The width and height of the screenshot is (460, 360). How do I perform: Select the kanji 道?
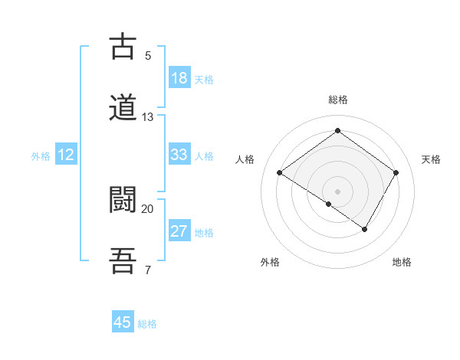click(123, 108)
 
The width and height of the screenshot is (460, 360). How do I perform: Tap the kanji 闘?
click(123, 199)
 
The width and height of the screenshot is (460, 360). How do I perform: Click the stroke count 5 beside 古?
click(147, 56)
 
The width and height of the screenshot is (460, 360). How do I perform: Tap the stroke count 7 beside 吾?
click(147, 270)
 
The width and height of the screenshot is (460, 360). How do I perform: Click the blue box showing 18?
click(179, 78)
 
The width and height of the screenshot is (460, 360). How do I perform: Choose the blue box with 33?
click(179, 155)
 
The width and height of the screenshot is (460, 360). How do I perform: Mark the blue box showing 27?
click(179, 231)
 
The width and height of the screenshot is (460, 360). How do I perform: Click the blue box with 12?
click(66, 155)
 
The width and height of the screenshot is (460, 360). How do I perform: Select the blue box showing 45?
click(123, 322)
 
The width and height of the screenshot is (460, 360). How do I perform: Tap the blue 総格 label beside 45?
click(147, 324)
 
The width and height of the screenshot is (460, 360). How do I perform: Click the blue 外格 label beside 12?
click(41, 156)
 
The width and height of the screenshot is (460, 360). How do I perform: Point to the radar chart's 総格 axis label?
click(337, 100)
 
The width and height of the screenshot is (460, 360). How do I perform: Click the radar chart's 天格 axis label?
click(431, 159)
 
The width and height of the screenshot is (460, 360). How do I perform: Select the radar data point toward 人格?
click(280, 173)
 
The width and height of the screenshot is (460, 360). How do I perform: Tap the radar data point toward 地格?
click(365, 229)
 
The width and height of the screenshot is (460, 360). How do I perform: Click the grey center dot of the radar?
click(337, 191)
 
